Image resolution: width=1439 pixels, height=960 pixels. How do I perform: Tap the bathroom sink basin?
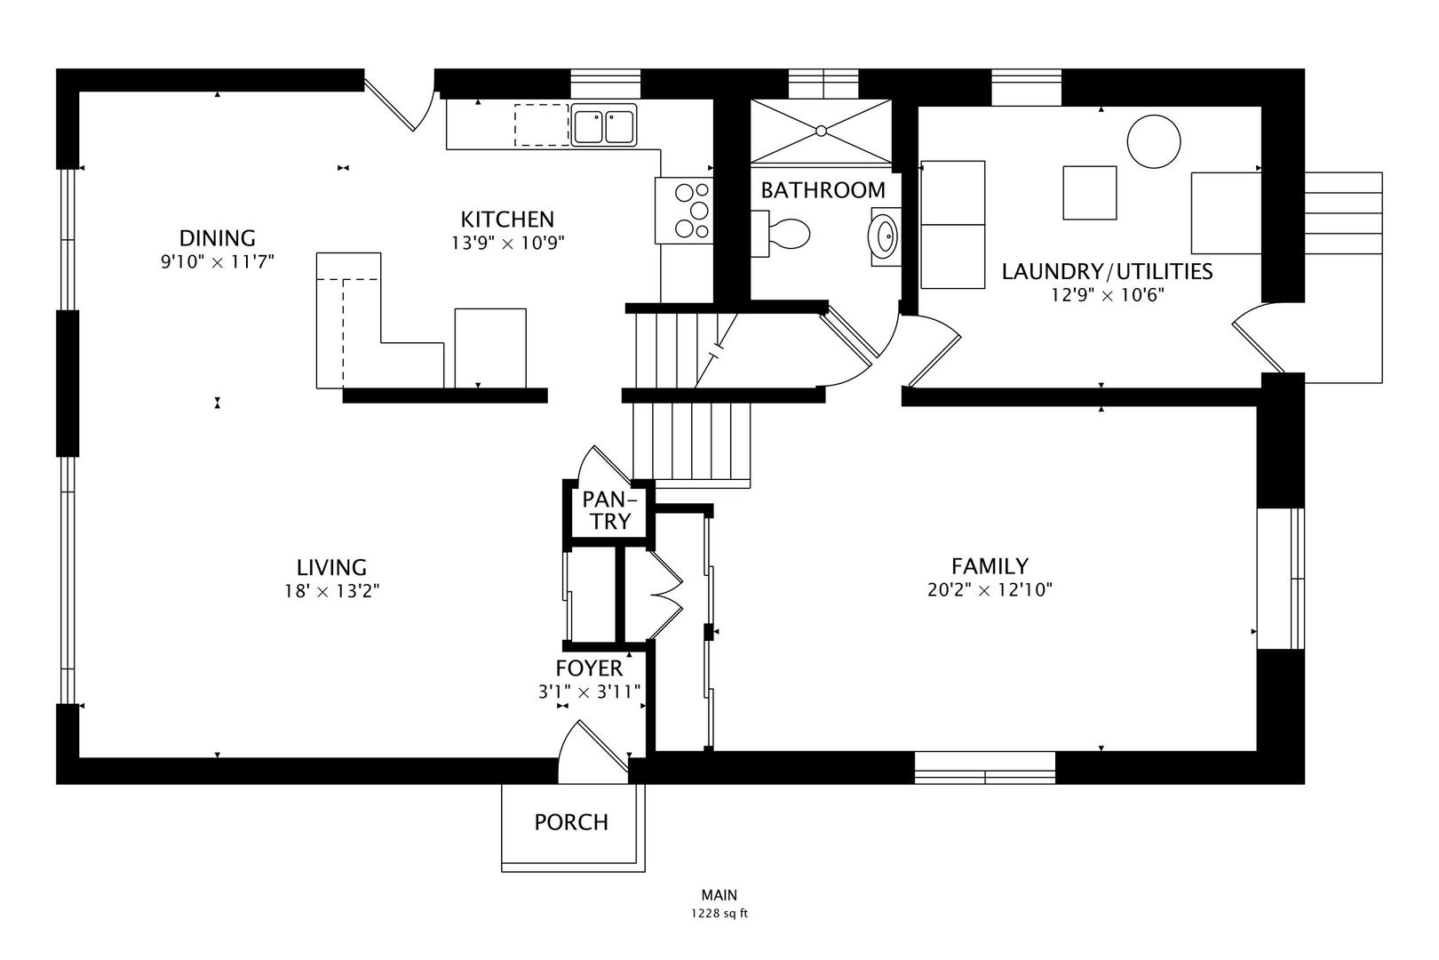click(x=884, y=236)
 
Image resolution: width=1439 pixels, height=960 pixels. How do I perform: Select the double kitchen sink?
click(x=603, y=124)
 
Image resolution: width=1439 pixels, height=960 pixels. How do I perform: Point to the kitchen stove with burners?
click(x=684, y=211)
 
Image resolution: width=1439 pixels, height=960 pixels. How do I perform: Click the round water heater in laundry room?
click(x=1154, y=141)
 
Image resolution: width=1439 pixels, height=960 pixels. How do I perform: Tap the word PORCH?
click(x=571, y=822)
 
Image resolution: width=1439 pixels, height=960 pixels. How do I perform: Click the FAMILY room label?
click(x=990, y=566)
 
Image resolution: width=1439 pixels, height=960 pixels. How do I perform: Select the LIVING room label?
click(x=331, y=567)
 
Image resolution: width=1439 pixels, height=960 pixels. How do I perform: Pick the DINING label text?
click(x=217, y=238)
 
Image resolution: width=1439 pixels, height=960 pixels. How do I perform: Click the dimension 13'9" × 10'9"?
click(x=507, y=243)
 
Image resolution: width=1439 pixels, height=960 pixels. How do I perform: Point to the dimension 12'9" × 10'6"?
click(x=1108, y=295)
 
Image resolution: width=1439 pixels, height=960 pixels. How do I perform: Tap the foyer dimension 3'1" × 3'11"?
click(x=589, y=692)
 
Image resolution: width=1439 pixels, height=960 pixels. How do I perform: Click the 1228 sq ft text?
click(x=719, y=914)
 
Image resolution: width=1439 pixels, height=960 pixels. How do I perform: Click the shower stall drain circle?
click(x=821, y=131)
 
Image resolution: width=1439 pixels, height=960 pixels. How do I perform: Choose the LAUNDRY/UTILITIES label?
click(x=1108, y=271)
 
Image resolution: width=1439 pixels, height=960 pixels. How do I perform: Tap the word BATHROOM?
click(x=823, y=190)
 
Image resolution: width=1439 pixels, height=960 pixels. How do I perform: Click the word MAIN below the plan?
click(x=719, y=895)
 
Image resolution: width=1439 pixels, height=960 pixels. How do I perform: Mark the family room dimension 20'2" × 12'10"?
click(x=990, y=589)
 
